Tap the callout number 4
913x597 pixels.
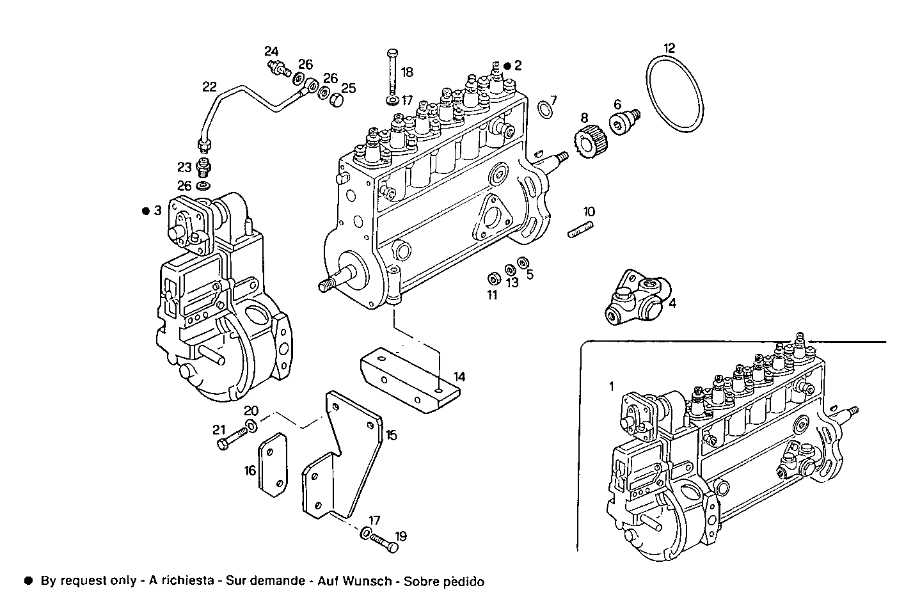pyautogui.click(x=672, y=303)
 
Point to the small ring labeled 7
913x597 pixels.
pyautogui.click(x=544, y=109)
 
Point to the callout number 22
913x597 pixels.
pyautogui.click(x=210, y=86)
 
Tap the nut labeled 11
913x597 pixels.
pyautogui.click(x=493, y=279)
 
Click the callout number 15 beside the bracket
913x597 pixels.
pyautogui.click(x=391, y=435)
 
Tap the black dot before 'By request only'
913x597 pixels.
pyautogui.click(x=28, y=582)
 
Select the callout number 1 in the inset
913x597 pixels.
pyautogui.click(x=611, y=386)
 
